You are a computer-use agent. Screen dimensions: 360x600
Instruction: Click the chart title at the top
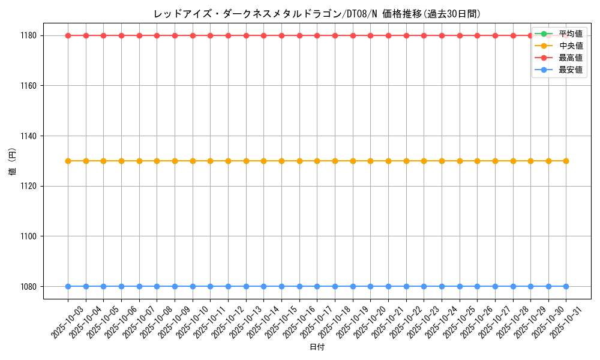point(317,14)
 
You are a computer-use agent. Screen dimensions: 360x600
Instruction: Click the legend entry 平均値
point(571,34)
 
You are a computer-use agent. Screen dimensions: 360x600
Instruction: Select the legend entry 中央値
point(571,46)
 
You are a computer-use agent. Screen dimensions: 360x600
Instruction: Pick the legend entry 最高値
point(571,58)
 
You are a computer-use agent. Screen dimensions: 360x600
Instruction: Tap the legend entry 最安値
point(571,70)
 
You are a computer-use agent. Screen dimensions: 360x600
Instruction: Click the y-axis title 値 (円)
point(13,161)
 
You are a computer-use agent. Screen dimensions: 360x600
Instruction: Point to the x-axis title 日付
point(317,347)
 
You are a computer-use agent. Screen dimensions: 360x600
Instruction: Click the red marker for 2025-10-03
point(68,35)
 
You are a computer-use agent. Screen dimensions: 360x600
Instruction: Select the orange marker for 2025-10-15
point(281,161)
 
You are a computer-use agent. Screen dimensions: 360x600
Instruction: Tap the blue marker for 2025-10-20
point(370,286)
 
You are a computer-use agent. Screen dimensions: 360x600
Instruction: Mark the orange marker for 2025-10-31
point(566,161)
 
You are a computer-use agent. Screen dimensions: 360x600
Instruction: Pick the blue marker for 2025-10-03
point(68,286)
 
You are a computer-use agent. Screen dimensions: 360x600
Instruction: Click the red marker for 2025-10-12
point(228,35)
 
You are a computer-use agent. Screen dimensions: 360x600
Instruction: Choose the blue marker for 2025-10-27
point(495,286)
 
